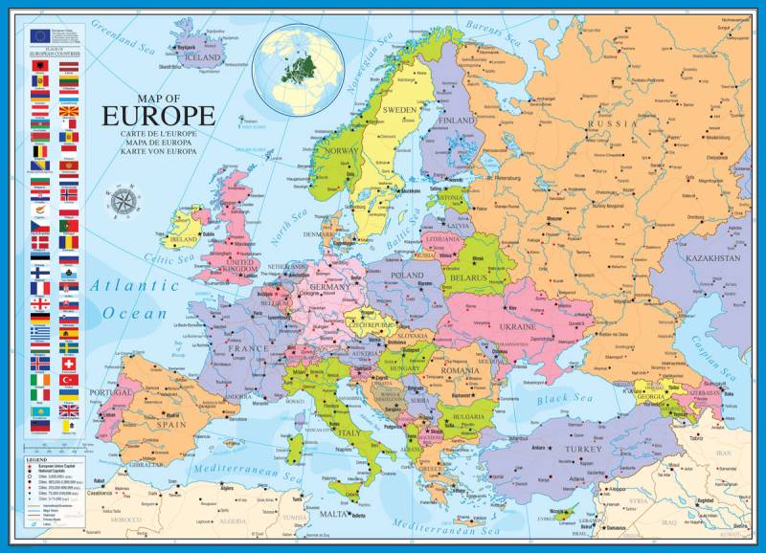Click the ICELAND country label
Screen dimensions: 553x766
point(202,56)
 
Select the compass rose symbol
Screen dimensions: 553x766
point(124,202)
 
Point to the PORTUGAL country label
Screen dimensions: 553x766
point(110,393)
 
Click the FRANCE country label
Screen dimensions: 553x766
point(248,349)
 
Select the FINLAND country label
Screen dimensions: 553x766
point(456,122)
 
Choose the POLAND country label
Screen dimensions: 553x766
point(406,275)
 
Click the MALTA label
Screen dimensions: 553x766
point(333,514)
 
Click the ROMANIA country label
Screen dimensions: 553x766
point(460,369)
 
